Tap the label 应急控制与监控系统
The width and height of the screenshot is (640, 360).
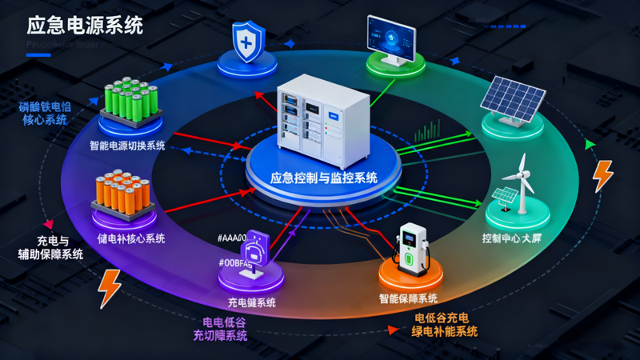point(324,178)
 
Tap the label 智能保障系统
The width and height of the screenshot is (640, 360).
point(408,298)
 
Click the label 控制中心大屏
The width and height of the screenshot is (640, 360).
point(518,238)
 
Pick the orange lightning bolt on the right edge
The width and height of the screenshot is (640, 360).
point(602,176)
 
